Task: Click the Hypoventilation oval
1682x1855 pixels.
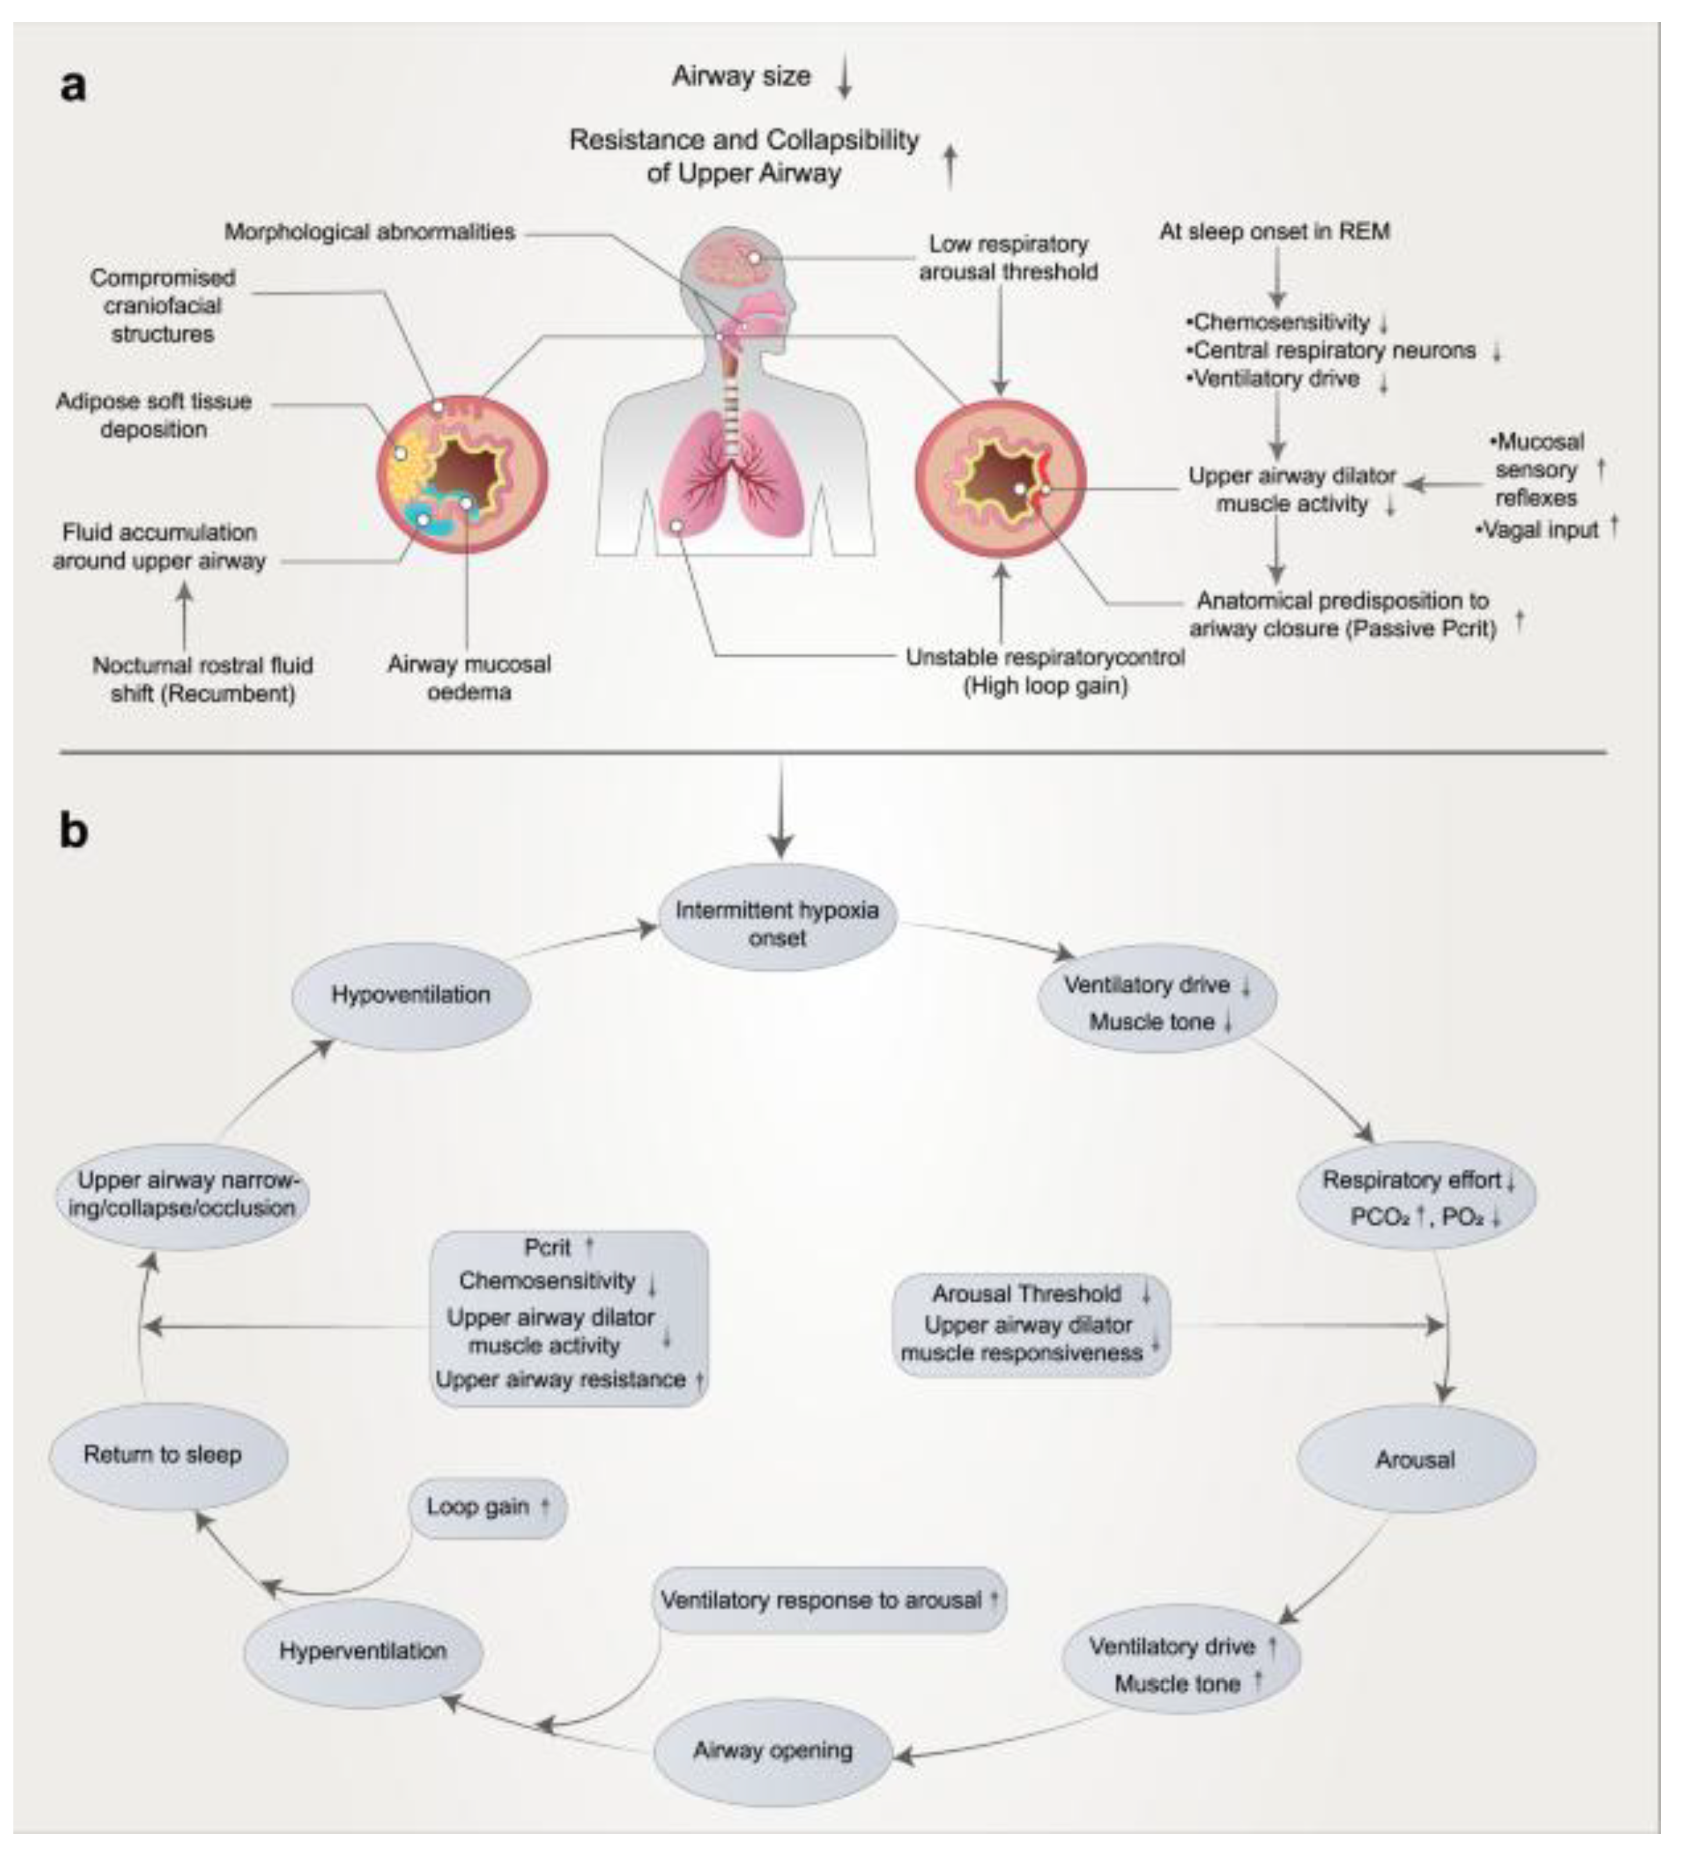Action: pos(410,995)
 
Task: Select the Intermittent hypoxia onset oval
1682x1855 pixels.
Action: pos(777,923)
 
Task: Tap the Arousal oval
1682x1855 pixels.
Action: pos(1415,1459)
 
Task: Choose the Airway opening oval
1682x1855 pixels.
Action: pos(773,1750)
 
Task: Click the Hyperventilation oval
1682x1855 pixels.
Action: pos(363,1651)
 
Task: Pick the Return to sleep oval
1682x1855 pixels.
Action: pos(163,1455)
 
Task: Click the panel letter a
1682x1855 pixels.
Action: pos(74,87)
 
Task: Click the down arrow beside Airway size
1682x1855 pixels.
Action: pos(844,78)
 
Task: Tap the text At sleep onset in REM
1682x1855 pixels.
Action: pos(1274,231)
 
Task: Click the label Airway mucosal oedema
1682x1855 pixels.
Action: pos(469,677)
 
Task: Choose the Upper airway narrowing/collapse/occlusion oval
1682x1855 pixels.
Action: pos(183,1194)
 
